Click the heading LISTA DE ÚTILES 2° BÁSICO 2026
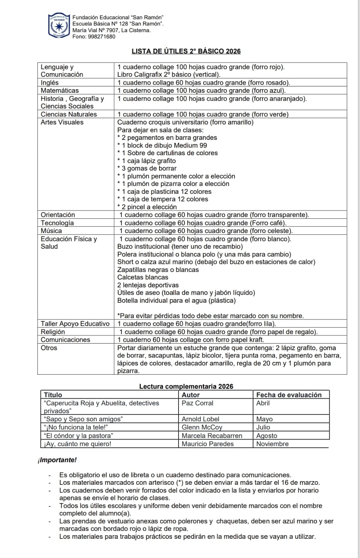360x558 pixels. pyautogui.click(x=186, y=51)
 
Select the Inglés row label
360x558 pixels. pyautogui.click(x=50, y=83)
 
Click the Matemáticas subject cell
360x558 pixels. pyautogui.click(x=60, y=90)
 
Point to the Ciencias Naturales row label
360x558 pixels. pyautogui.click(x=69, y=114)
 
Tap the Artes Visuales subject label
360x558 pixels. pyautogui.click(x=62, y=122)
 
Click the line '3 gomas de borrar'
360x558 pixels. pyautogui.click(x=149, y=168)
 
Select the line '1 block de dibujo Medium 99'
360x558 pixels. pyautogui.click(x=164, y=145)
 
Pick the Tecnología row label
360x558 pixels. pyautogui.click(x=57, y=223)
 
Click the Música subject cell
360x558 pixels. pyautogui.click(x=51, y=231)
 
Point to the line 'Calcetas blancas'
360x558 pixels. pyautogui.click(x=143, y=277)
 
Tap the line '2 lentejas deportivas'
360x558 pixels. pyautogui.click(x=148, y=285)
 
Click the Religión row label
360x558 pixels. pyautogui.click(x=53, y=332)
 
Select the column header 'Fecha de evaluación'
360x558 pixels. pyautogui.click(x=289, y=395)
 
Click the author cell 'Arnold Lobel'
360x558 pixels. pyautogui.click(x=201, y=419)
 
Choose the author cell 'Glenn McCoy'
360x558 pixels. pyautogui.click(x=202, y=427)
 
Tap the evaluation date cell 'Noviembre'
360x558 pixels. pyautogui.click(x=272, y=444)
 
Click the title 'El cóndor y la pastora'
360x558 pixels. pyautogui.click(x=78, y=436)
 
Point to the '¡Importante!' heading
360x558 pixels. pyautogui.click(x=57, y=460)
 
